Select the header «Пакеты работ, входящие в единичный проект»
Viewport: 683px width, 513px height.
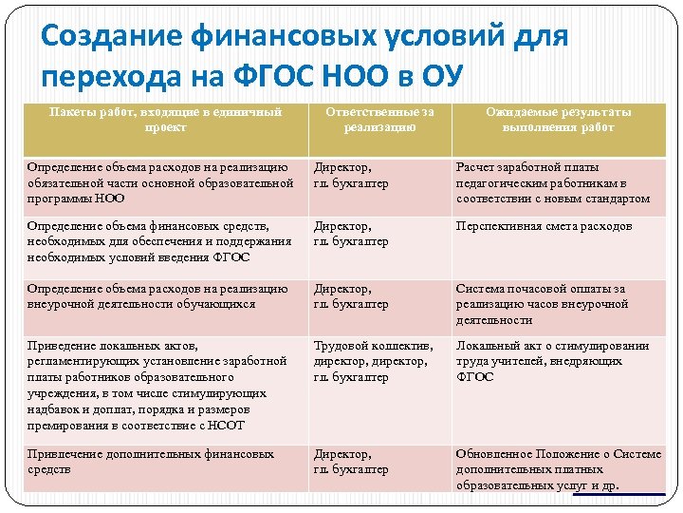click(165, 120)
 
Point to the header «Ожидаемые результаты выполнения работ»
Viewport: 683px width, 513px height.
click(558, 120)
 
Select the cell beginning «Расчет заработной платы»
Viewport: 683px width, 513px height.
click(553, 183)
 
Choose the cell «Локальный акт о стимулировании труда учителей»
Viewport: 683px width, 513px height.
click(552, 361)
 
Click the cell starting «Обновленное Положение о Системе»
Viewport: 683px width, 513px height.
click(558, 469)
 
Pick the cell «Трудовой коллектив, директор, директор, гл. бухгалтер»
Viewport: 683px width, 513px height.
click(373, 361)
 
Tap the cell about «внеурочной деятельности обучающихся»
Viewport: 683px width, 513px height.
click(157, 296)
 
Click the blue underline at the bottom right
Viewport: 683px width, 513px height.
click(618, 494)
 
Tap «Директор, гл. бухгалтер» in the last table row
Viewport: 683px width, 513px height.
click(352, 462)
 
